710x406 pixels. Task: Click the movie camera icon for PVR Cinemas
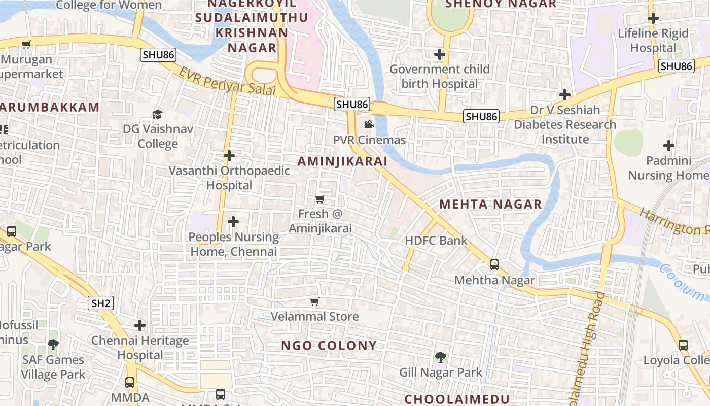tap(369, 124)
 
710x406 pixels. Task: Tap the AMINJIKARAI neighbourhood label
tap(342, 161)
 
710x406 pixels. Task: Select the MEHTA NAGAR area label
tap(490, 205)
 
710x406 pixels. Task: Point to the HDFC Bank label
tap(436, 241)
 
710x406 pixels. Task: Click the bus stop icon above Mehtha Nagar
tap(494, 265)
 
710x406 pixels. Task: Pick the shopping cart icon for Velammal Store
tap(314, 302)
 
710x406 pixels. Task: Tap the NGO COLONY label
tap(329, 346)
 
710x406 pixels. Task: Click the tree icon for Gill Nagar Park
tap(441, 357)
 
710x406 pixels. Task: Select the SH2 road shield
tap(101, 303)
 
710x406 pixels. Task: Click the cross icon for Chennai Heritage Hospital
tap(140, 325)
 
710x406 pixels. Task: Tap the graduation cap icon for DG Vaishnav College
tap(158, 114)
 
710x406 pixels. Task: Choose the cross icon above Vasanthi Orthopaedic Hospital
tap(229, 156)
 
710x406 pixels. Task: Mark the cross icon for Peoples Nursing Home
tap(233, 222)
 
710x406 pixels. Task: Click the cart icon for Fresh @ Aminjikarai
tap(319, 199)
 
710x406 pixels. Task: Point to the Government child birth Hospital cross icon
tap(440, 54)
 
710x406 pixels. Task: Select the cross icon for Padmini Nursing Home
tap(669, 146)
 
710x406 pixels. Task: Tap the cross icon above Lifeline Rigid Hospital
tap(653, 19)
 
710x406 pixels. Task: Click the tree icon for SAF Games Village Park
tap(53, 345)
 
